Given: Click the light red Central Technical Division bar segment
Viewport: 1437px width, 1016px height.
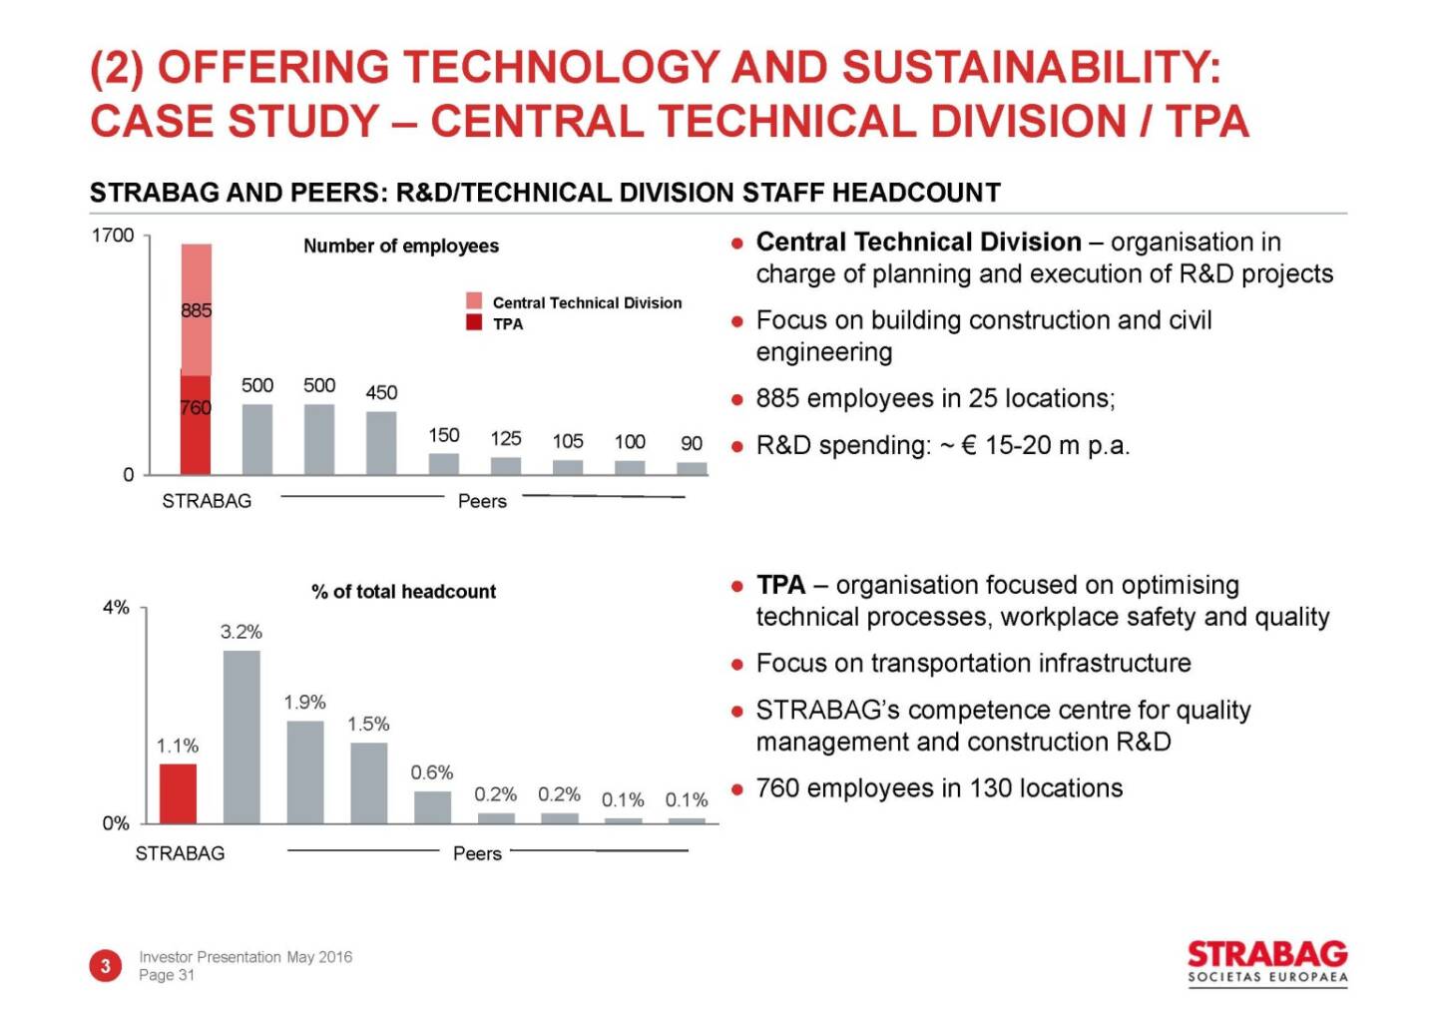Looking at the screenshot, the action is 197,309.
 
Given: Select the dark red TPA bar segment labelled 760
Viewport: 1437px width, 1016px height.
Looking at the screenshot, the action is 196,425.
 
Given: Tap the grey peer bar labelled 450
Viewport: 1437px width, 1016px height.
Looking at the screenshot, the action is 381,443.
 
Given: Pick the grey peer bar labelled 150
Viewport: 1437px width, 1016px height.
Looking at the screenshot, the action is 444,464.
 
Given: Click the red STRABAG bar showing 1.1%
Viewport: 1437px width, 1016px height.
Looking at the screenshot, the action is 178,793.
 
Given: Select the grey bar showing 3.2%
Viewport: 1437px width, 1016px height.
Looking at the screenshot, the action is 241,737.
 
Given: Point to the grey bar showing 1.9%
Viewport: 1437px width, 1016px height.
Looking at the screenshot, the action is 305,772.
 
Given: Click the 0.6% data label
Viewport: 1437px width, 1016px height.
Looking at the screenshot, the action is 432,772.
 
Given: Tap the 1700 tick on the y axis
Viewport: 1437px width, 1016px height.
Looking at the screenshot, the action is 113,236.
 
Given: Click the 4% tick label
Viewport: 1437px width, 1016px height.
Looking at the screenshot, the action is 116,607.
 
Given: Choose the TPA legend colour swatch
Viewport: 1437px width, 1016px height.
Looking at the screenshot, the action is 474,322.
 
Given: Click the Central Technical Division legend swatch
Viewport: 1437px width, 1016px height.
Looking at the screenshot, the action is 474,300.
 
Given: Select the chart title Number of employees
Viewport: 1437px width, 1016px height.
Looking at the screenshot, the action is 401,246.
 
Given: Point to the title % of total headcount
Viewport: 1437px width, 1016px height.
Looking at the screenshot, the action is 403,591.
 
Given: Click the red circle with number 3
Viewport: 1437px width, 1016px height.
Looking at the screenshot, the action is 105,965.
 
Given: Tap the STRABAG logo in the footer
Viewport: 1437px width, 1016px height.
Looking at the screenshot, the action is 1267,963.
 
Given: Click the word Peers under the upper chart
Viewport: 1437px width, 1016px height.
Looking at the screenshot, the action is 482,501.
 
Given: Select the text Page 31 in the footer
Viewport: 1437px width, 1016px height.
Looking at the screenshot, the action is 167,975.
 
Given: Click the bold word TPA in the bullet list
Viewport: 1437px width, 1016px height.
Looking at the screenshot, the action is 780,584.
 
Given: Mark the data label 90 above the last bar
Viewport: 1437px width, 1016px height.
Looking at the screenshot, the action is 692,443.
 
